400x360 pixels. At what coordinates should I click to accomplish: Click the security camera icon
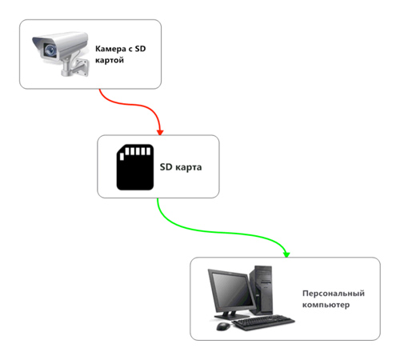61,54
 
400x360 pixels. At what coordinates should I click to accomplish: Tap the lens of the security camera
50,50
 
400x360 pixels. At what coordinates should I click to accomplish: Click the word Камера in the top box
110,49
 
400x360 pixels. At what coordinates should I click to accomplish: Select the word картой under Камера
110,60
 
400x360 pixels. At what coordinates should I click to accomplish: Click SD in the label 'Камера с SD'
140,49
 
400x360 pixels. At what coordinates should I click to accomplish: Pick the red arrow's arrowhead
160,132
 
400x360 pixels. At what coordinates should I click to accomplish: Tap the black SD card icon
135,167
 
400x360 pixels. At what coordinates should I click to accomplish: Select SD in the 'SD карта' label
166,167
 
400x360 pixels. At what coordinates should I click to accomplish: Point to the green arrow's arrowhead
286,254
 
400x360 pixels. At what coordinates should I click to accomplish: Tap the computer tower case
262,290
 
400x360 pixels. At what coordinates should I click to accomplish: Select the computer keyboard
263,322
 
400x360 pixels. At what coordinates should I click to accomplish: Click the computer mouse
223,326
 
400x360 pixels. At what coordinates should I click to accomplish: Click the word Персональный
334,294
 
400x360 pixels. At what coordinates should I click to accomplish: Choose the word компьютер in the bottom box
326,305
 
